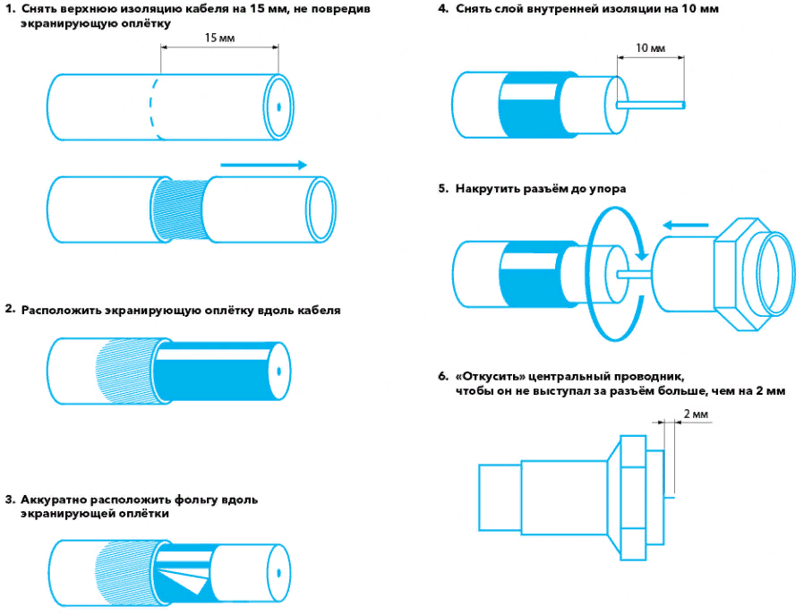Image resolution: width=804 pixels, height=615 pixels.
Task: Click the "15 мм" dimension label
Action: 218,39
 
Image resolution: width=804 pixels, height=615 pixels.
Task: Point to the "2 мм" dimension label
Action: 695,415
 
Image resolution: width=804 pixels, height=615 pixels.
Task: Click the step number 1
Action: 9,8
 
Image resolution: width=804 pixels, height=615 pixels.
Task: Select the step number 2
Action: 9,310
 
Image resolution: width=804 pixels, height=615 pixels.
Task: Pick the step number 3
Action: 9,500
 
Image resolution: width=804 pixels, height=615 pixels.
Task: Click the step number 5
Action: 442,189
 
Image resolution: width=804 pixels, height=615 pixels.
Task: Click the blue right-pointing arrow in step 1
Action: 263,165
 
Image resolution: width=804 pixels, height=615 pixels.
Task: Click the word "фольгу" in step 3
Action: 208,500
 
